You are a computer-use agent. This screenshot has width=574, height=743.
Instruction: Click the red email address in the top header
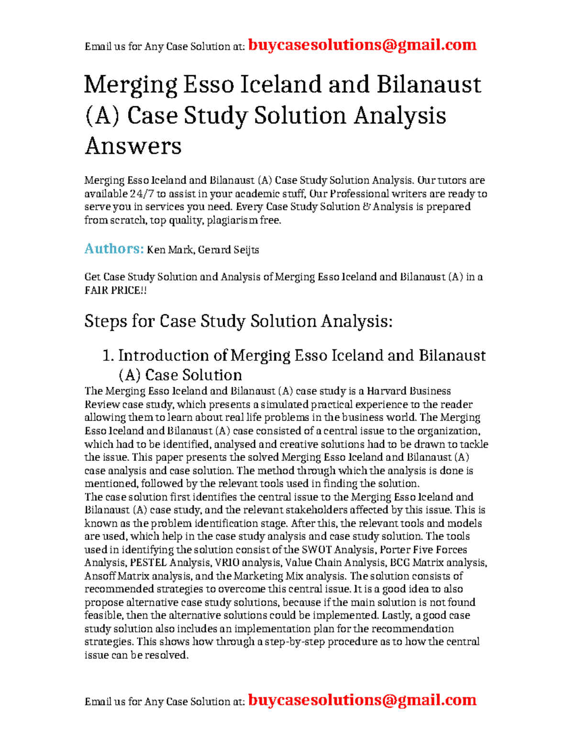[x=362, y=45]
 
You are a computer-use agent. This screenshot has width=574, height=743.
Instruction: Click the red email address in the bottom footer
[x=362, y=700]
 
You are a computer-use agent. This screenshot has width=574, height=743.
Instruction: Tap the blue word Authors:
[x=114, y=248]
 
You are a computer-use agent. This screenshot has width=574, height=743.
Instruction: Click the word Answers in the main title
[x=133, y=146]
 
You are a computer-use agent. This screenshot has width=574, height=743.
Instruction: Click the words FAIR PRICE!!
[x=115, y=290]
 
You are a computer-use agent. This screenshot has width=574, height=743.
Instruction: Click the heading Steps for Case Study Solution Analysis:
[x=238, y=321]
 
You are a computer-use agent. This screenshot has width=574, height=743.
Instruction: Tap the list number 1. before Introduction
[x=109, y=355]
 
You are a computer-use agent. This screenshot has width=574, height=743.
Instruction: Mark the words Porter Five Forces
[x=423, y=550]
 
